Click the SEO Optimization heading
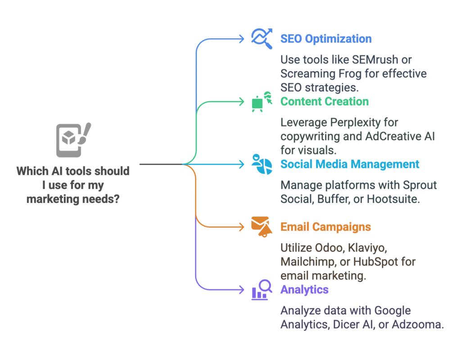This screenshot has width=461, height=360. [x=326, y=39]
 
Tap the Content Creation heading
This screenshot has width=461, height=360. [x=324, y=101]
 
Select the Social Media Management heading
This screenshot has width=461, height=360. [x=349, y=164]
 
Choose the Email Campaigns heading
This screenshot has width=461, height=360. [x=325, y=227]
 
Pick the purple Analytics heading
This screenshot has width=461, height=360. [x=304, y=290]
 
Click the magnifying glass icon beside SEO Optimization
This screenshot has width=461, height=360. [x=262, y=39]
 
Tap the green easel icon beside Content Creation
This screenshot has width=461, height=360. [x=262, y=102]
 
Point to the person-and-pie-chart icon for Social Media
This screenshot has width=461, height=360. [x=262, y=164]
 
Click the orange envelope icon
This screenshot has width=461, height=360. [x=262, y=227]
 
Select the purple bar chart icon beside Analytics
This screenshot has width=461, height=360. [x=262, y=290]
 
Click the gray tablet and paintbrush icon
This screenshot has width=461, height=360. [x=73, y=140]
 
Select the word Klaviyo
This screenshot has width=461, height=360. [x=367, y=248]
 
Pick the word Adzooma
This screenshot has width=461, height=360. [x=418, y=325]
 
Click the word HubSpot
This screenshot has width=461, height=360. [x=375, y=262]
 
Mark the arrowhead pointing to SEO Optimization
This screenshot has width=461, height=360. [x=242, y=39]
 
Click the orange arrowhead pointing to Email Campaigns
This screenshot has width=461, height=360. [x=242, y=227]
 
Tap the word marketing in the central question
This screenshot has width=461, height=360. [x=53, y=199]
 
